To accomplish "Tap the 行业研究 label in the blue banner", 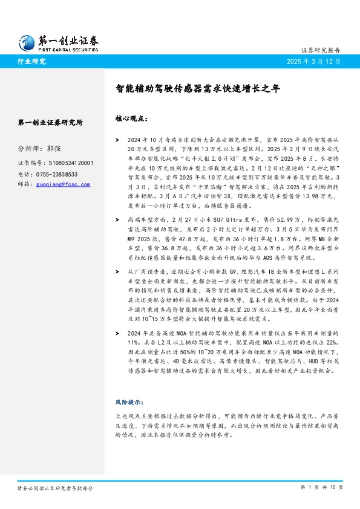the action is pyautogui.click(x=32, y=61).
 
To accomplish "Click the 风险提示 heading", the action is pyautogui.click(x=127, y=401).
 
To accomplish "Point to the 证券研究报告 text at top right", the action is pyautogui.click(x=321, y=50).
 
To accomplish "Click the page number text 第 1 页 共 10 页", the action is pyautogui.click(x=321, y=487).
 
